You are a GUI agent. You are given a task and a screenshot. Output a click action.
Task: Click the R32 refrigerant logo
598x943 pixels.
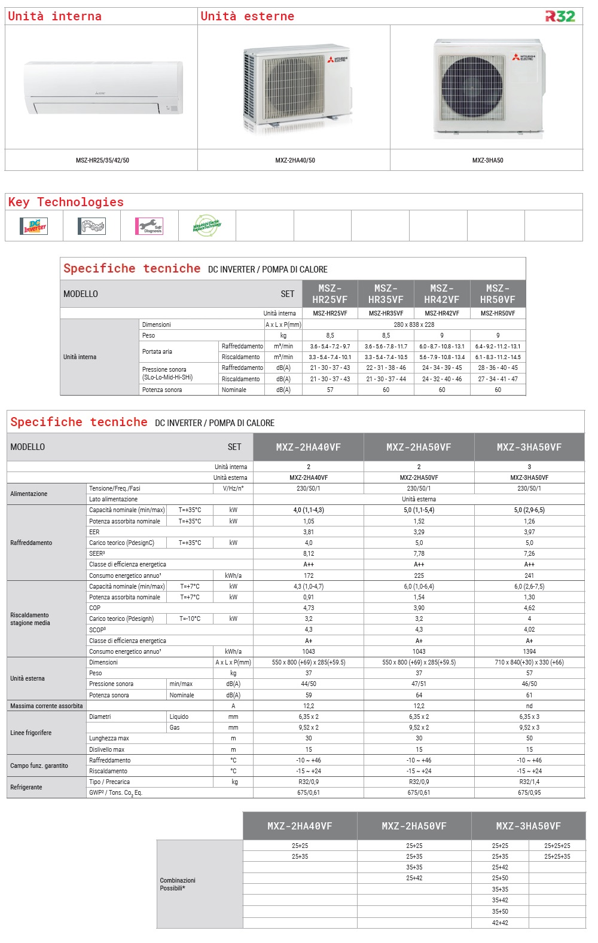tap(560, 16)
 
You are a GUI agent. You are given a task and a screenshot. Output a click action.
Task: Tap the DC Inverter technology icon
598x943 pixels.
tap(34, 226)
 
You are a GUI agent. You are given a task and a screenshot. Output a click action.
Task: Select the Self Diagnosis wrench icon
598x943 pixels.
tap(149, 226)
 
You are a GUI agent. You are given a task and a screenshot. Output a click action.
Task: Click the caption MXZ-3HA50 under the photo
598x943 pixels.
tap(487, 160)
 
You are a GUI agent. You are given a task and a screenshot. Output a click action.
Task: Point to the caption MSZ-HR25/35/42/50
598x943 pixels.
tap(102, 160)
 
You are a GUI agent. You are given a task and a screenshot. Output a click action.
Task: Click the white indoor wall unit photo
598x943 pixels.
tap(103, 87)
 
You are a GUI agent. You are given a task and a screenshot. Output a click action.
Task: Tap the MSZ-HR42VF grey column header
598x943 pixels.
tap(442, 294)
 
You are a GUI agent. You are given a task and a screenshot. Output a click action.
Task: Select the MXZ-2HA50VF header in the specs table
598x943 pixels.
tap(419, 447)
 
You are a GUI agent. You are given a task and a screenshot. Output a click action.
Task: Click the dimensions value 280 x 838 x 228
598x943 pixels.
tap(414, 324)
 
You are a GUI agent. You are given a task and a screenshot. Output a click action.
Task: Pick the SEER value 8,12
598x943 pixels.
tap(309, 553)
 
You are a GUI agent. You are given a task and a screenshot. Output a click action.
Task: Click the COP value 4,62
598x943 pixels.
tap(529, 608)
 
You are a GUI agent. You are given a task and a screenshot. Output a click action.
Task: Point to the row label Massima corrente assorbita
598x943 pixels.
tap(47, 706)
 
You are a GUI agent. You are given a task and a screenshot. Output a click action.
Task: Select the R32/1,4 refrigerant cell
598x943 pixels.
tap(529, 782)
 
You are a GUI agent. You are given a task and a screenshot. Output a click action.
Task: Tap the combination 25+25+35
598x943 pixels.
tap(557, 856)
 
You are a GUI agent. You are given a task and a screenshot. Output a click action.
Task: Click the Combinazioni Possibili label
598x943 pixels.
tap(178, 884)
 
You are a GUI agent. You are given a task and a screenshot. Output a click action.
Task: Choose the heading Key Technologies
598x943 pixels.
tap(66, 202)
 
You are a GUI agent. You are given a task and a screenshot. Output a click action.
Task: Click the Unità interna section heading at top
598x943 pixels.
tap(54, 16)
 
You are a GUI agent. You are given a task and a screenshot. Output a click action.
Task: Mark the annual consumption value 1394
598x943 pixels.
tap(529, 651)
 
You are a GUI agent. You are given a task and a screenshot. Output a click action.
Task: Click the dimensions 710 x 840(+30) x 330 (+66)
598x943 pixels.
tap(529, 662)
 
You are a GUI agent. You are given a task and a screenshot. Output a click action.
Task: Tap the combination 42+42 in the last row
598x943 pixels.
tap(500, 923)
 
